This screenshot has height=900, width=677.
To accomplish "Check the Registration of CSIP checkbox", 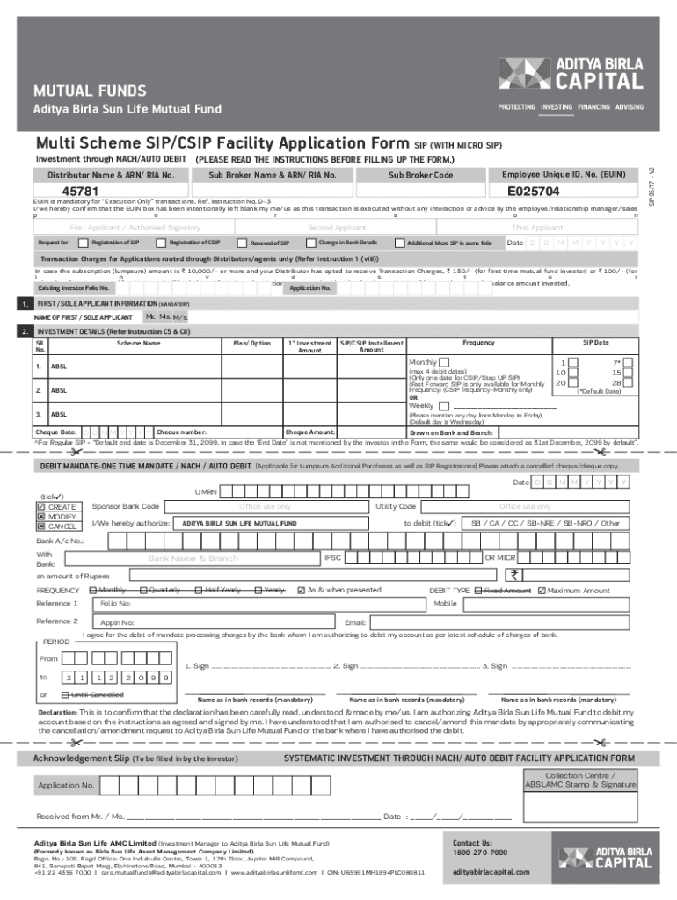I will (x=161, y=243).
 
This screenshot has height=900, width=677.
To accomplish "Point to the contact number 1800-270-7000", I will (x=479, y=853).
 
